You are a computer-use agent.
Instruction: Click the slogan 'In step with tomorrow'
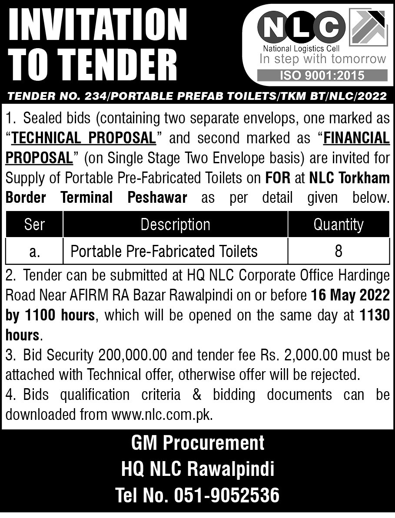(x=322, y=59)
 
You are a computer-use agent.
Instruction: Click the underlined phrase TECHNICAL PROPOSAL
(x=83, y=138)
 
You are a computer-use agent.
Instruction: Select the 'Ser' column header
(x=34, y=224)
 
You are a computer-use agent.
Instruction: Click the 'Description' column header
(x=175, y=224)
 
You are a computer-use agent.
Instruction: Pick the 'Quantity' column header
(x=338, y=224)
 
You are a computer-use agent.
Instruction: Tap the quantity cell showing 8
(x=339, y=251)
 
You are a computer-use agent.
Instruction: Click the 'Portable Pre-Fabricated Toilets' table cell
(x=164, y=251)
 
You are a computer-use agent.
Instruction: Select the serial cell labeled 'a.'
(x=34, y=251)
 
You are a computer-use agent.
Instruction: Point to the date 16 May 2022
(x=350, y=295)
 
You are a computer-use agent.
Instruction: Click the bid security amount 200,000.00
(x=133, y=355)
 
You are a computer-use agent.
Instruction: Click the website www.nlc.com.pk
(x=161, y=414)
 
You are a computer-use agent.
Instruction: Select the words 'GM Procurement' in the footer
(x=198, y=443)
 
